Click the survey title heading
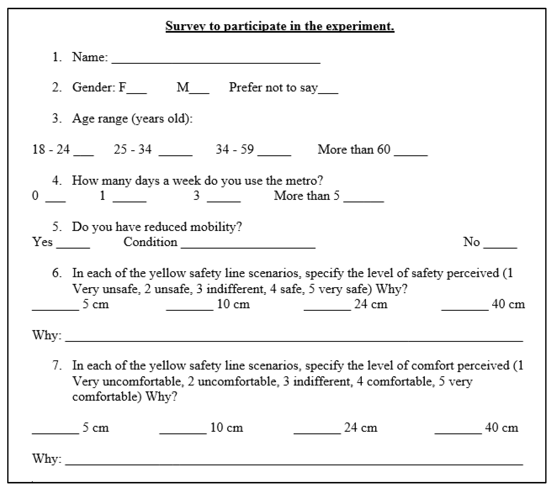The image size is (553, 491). tap(280, 26)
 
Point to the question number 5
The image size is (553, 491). tap(57, 227)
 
